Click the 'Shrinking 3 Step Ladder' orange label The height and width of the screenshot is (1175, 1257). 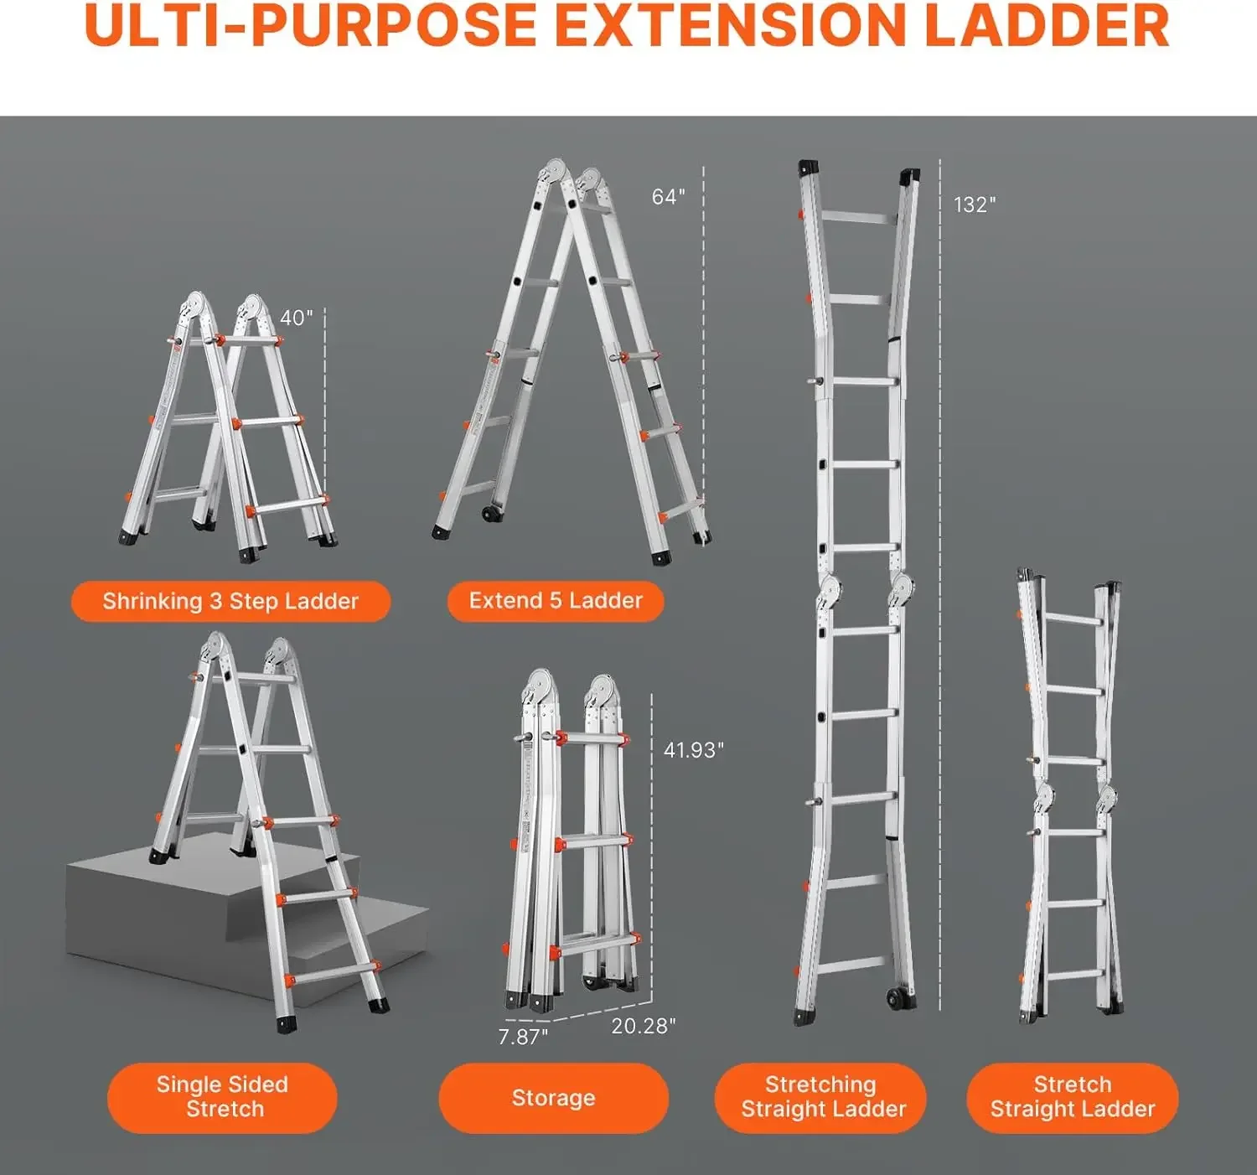[230, 601]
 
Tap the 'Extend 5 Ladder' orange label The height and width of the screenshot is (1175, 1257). [556, 601]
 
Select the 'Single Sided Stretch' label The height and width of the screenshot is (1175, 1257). [222, 1097]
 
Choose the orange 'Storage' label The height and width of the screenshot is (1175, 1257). [553, 1098]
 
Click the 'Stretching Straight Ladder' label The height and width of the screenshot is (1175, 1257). [820, 1097]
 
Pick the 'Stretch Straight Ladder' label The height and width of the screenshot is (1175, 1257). [1072, 1097]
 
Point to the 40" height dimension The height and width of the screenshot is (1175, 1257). [296, 318]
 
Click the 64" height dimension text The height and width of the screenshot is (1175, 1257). [668, 197]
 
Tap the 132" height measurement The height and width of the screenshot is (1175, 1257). [974, 205]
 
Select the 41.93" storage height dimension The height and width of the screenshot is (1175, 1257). [693, 750]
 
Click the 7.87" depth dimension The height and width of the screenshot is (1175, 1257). [523, 1038]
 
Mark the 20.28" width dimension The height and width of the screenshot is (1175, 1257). [643, 1027]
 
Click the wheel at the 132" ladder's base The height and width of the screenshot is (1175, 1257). [897, 998]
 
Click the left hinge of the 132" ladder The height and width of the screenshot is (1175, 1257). [829, 590]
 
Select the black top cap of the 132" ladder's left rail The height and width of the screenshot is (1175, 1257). [809, 168]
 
